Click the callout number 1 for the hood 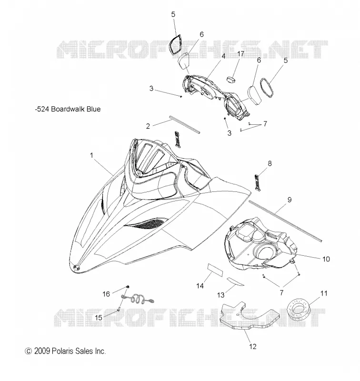point(91,155)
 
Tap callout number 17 point(240,54)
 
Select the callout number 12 point(253,347)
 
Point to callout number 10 point(326,259)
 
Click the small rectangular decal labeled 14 point(215,269)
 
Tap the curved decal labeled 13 point(235,282)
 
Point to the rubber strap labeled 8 point(258,182)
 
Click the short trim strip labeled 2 point(184,124)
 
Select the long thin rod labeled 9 point(285,221)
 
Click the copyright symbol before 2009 point(29,351)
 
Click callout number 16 point(106,294)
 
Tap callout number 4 point(223,56)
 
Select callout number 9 point(290,200)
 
